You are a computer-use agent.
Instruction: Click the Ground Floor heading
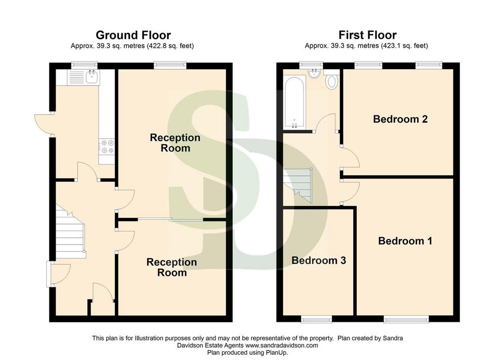click(x=133, y=35)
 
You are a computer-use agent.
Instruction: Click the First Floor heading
click(x=367, y=35)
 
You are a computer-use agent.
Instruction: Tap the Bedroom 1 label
click(x=405, y=241)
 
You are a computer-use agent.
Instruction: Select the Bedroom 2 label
click(x=400, y=119)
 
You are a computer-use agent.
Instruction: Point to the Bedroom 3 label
click(x=319, y=260)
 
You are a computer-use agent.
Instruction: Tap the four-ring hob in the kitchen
click(x=106, y=147)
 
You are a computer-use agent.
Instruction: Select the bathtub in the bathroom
click(x=294, y=102)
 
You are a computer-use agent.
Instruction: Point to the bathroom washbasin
click(x=314, y=74)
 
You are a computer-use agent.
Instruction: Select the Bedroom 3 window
click(x=317, y=319)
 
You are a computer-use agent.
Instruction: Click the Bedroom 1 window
click(x=406, y=319)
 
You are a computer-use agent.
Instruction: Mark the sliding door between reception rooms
click(x=171, y=219)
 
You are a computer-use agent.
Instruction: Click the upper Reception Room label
click(x=175, y=143)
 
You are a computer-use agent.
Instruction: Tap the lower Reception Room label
click(x=172, y=268)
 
